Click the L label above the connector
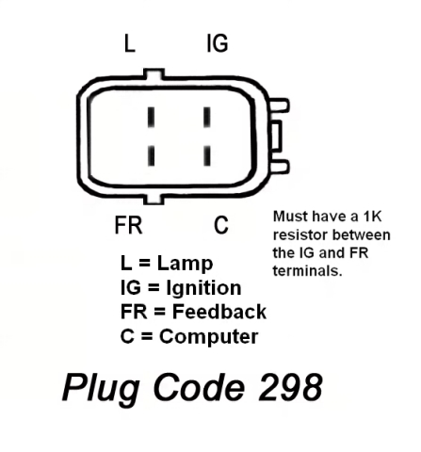click(130, 43)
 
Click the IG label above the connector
click(218, 43)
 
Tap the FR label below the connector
click(128, 225)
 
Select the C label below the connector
click(221, 225)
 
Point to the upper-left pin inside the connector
click(152, 118)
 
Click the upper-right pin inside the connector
click(207, 118)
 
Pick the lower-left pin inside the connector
click(152, 155)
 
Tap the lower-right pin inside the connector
click(207, 155)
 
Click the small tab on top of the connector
click(154, 73)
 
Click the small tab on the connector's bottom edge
click(154, 199)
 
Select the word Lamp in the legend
click(185, 264)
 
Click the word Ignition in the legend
click(203, 289)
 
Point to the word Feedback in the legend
click(219, 312)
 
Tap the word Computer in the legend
click(209, 337)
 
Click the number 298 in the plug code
click(290, 387)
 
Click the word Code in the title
click(200, 387)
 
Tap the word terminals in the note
click(307, 270)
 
